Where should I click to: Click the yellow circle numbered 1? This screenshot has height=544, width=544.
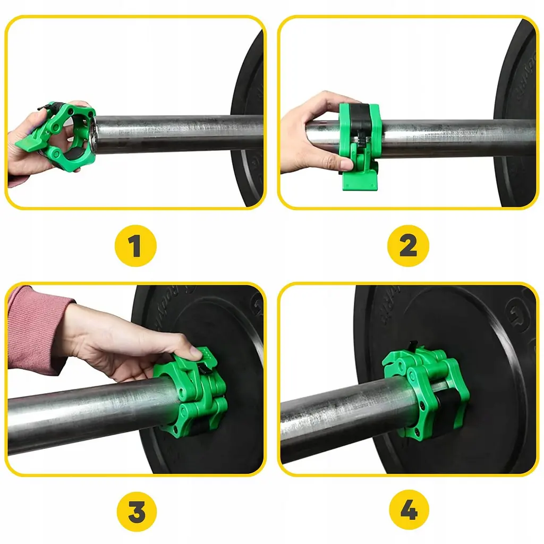(x=135, y=246)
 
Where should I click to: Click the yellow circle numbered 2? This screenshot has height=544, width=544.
(x=407, y=246)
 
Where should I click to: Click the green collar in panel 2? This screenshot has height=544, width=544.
(x=360, y=133)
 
